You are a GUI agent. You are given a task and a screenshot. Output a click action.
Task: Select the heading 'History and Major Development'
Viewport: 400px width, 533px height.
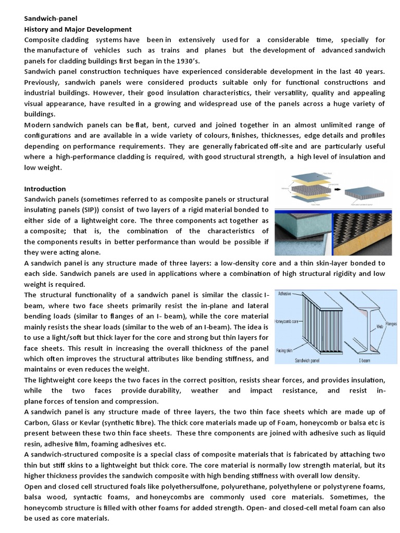click(78, 29)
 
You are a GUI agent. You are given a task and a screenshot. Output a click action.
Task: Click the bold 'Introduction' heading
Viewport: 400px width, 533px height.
click(45, 188)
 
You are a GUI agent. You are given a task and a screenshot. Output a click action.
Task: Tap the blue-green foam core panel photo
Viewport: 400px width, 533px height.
click(302, 233)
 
